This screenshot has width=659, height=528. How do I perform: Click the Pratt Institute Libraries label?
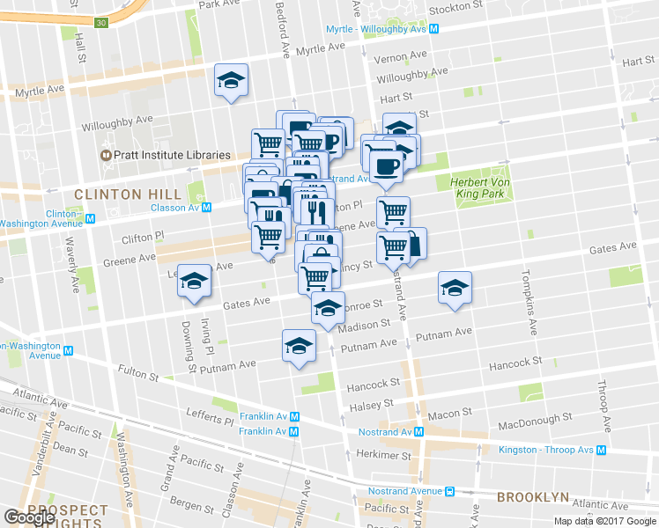[166, 156]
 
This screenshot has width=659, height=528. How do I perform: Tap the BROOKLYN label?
[532, 497]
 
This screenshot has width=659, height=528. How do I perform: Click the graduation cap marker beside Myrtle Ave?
[232, 81]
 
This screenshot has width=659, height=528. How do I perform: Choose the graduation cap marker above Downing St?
[194, 281]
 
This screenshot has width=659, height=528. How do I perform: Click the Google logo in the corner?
[29, 517]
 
